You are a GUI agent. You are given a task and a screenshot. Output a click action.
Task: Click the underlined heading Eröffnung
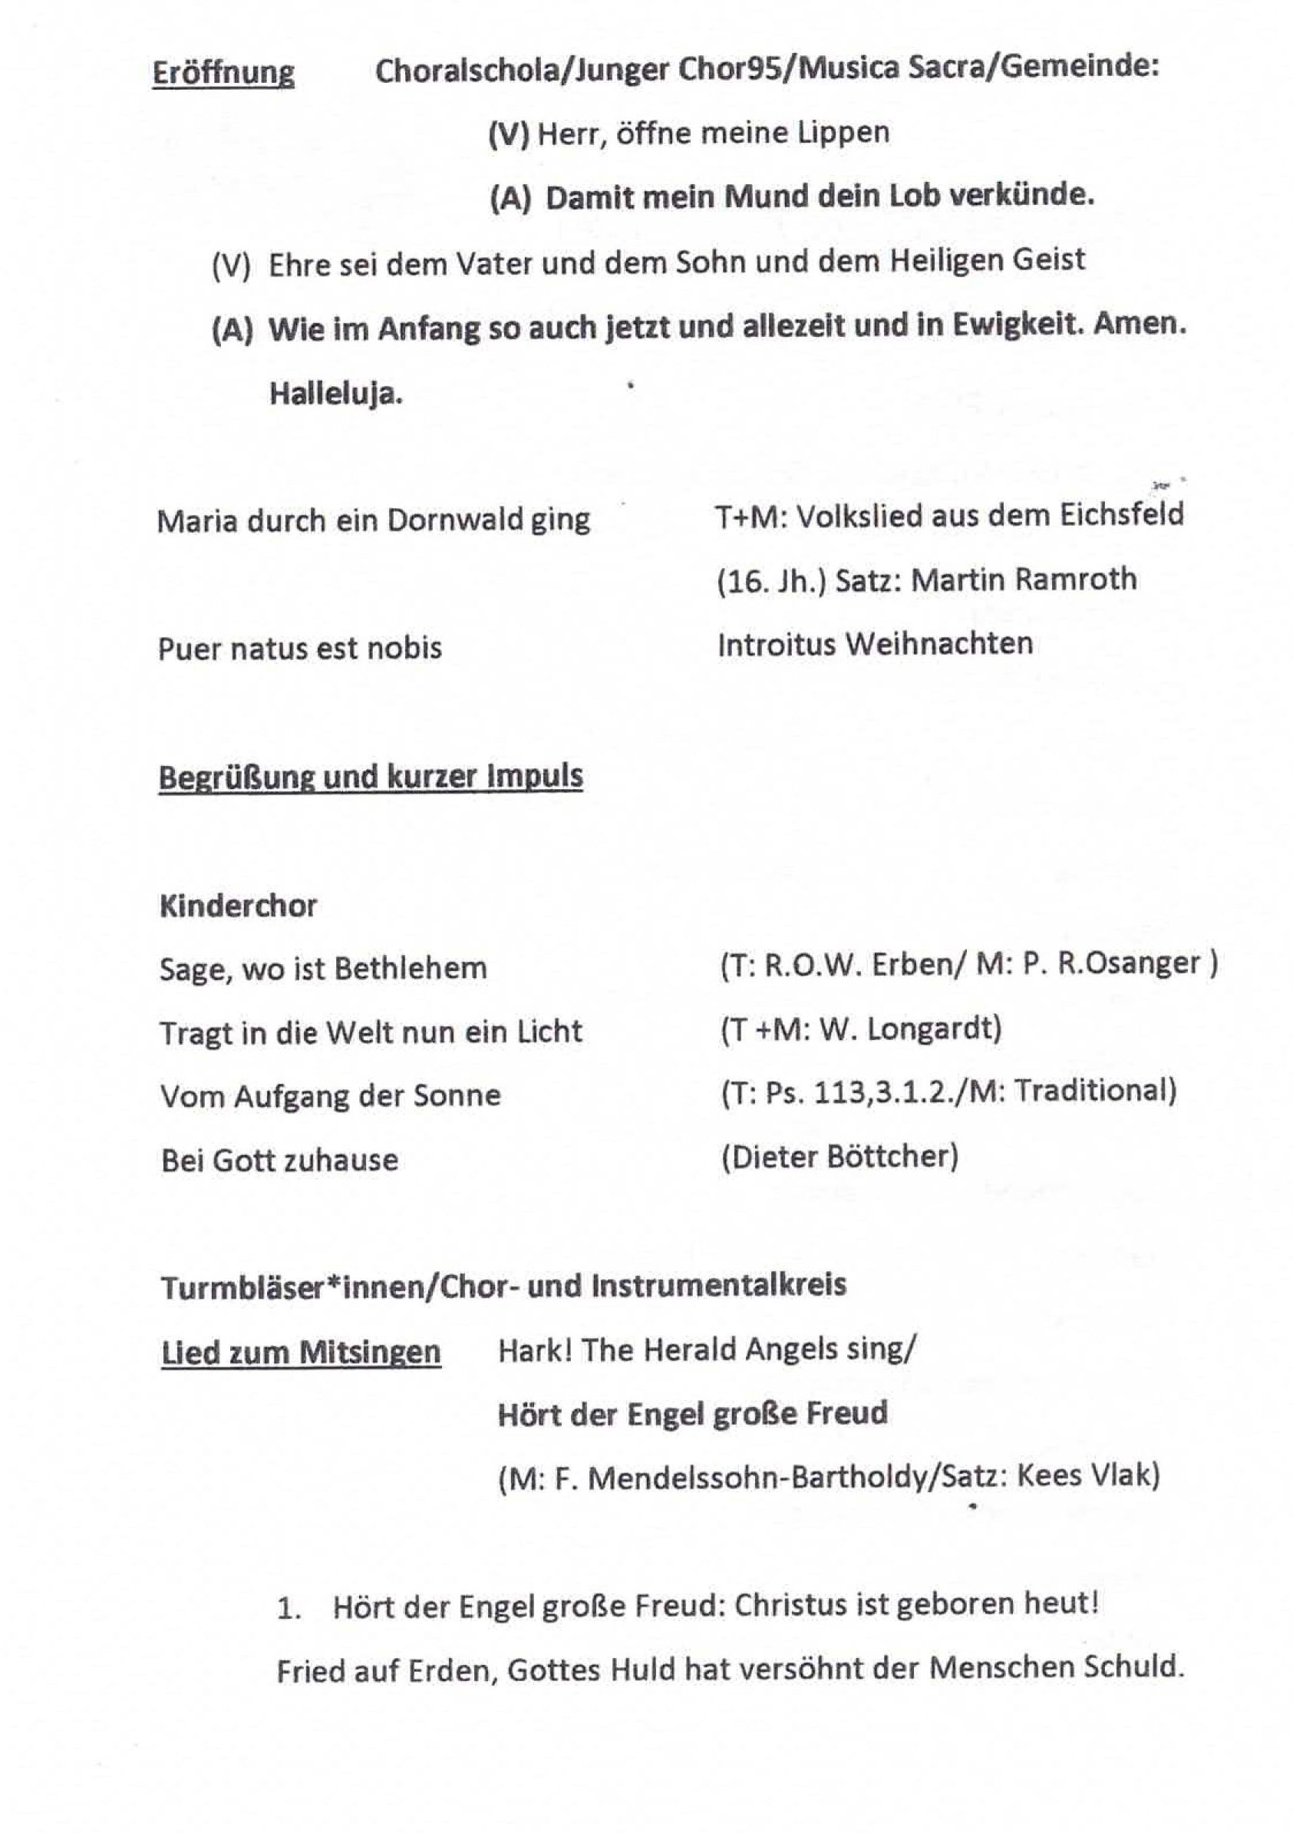(x=223, y=74)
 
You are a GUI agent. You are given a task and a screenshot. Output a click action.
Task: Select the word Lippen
(x=843, y=132)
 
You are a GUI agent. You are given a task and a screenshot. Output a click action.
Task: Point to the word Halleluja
(x=335, y=393)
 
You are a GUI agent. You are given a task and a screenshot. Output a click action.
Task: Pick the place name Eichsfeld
(x=1121, y=515)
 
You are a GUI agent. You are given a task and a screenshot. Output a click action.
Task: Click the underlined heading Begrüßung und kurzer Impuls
(x=371, y=776)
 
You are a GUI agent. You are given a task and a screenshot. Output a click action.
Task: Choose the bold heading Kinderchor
(x=238, y=905)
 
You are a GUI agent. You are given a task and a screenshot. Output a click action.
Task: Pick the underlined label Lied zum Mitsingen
(x=301, y=1352)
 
